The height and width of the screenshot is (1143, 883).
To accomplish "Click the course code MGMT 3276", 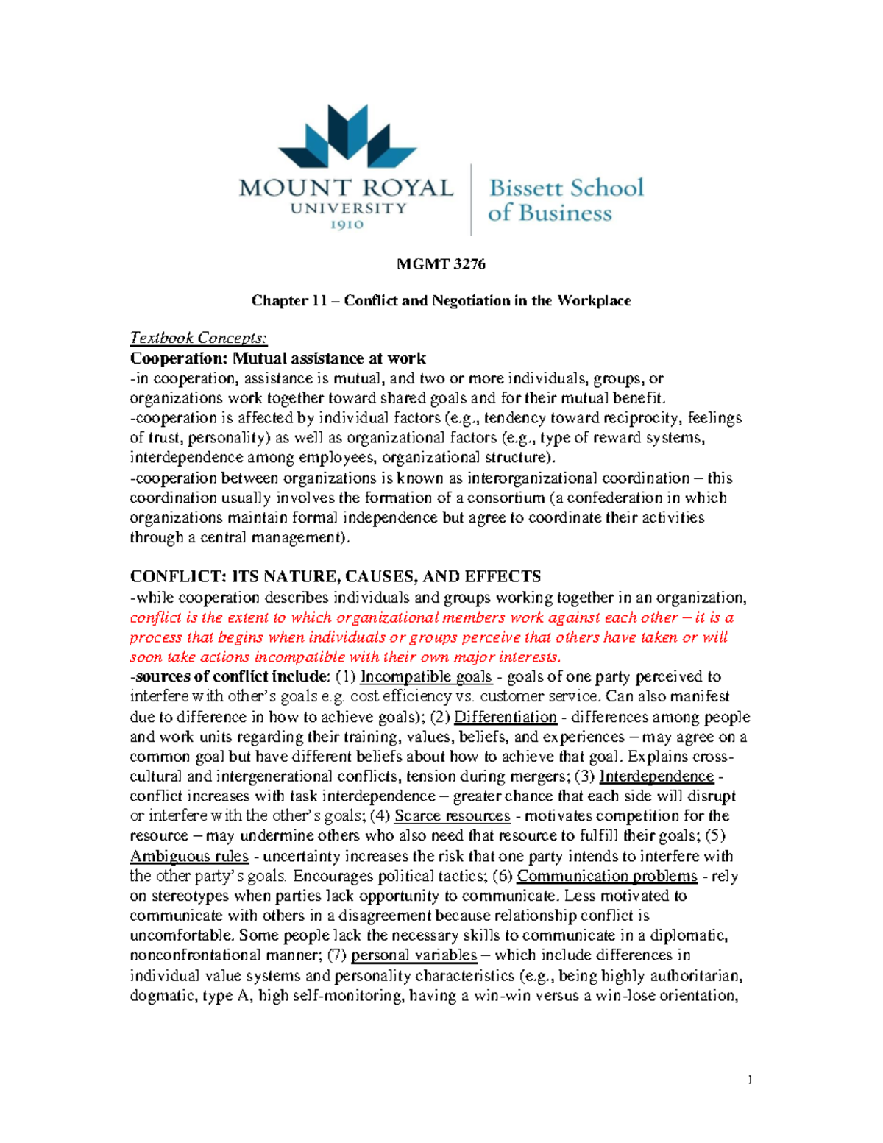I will point(441,264).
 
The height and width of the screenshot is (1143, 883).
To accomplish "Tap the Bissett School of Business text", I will point(565,200).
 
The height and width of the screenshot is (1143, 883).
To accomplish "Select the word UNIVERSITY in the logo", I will point(348,208).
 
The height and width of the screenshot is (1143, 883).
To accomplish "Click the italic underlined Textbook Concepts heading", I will point(199,338).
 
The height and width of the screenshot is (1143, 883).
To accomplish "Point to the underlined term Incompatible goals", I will point(426,676).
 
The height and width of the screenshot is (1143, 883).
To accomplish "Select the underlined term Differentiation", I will point(506,717).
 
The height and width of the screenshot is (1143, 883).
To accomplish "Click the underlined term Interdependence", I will point(656,776).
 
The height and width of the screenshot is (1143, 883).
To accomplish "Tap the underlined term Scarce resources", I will point(452,816).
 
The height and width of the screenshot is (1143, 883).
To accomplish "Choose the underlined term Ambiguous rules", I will point(189,856).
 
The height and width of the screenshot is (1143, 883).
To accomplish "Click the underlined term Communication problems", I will point(607,876).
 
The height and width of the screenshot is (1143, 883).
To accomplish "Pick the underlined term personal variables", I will point(414,955).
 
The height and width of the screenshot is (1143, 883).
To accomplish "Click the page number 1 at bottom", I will point(750,1080).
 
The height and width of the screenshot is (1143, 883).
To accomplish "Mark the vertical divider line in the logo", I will point(471,199).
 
